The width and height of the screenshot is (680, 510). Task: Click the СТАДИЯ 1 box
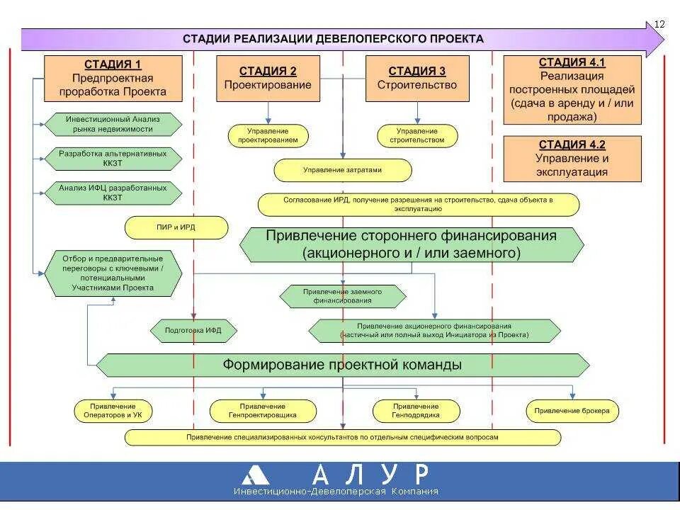click(x=113, y=78)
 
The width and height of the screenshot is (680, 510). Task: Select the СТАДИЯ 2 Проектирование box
click(x=268, y=78)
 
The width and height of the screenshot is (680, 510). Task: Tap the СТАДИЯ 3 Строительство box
click(x=416, y=78)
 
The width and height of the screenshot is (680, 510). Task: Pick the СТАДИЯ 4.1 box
click(x=572, y=90)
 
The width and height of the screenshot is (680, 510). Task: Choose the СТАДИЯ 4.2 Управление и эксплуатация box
click(x=572, y=159)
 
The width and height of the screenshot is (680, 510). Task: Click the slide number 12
click(x=659, y=24)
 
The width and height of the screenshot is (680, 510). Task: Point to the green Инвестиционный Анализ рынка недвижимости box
click(x=113, y=124)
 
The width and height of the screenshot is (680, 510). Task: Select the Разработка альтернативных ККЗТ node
click(x=113, y=158)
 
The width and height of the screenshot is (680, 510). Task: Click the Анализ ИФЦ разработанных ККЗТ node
click(x=113, y=193)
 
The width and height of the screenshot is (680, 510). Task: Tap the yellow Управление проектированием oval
click(x=268, y=135)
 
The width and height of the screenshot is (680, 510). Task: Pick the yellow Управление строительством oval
click(x=416, y=135)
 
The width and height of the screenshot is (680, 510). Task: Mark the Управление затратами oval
click(x=342, y=170)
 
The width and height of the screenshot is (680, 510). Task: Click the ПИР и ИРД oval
click(x=176, y=228)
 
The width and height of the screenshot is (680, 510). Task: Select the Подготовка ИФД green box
click(x=193, y=330)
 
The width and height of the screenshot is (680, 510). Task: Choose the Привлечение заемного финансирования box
click(x=343, y=296)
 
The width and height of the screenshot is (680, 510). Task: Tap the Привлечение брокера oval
click(x=572, y=411)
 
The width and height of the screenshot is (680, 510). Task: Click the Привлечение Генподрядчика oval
click(x=416, y=411)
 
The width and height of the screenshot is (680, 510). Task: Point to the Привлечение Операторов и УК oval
click(x=113, y=411)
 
